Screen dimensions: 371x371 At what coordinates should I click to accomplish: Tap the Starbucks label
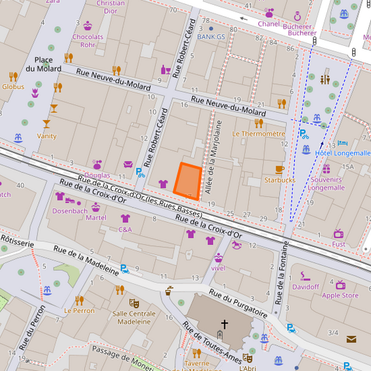280,180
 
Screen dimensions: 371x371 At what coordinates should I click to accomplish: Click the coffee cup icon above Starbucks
280,169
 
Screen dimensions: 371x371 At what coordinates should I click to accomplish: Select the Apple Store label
339,295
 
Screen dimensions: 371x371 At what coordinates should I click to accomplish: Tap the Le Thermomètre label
258,134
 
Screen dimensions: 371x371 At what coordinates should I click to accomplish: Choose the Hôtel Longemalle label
343,153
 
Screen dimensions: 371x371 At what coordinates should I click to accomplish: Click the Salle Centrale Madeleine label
134,317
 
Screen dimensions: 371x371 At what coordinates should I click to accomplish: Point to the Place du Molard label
44,64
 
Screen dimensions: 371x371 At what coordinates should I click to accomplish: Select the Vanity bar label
47,136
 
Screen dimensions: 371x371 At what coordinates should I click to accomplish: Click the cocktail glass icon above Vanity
47,125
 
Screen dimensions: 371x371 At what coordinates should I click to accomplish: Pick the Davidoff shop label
305,287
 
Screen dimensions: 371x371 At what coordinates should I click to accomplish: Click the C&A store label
125,229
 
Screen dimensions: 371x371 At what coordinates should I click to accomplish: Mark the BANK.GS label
211,37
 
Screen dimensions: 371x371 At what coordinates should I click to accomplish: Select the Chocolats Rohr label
88,40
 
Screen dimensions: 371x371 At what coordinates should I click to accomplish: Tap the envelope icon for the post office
351,340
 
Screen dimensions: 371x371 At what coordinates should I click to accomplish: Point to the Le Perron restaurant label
79,310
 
